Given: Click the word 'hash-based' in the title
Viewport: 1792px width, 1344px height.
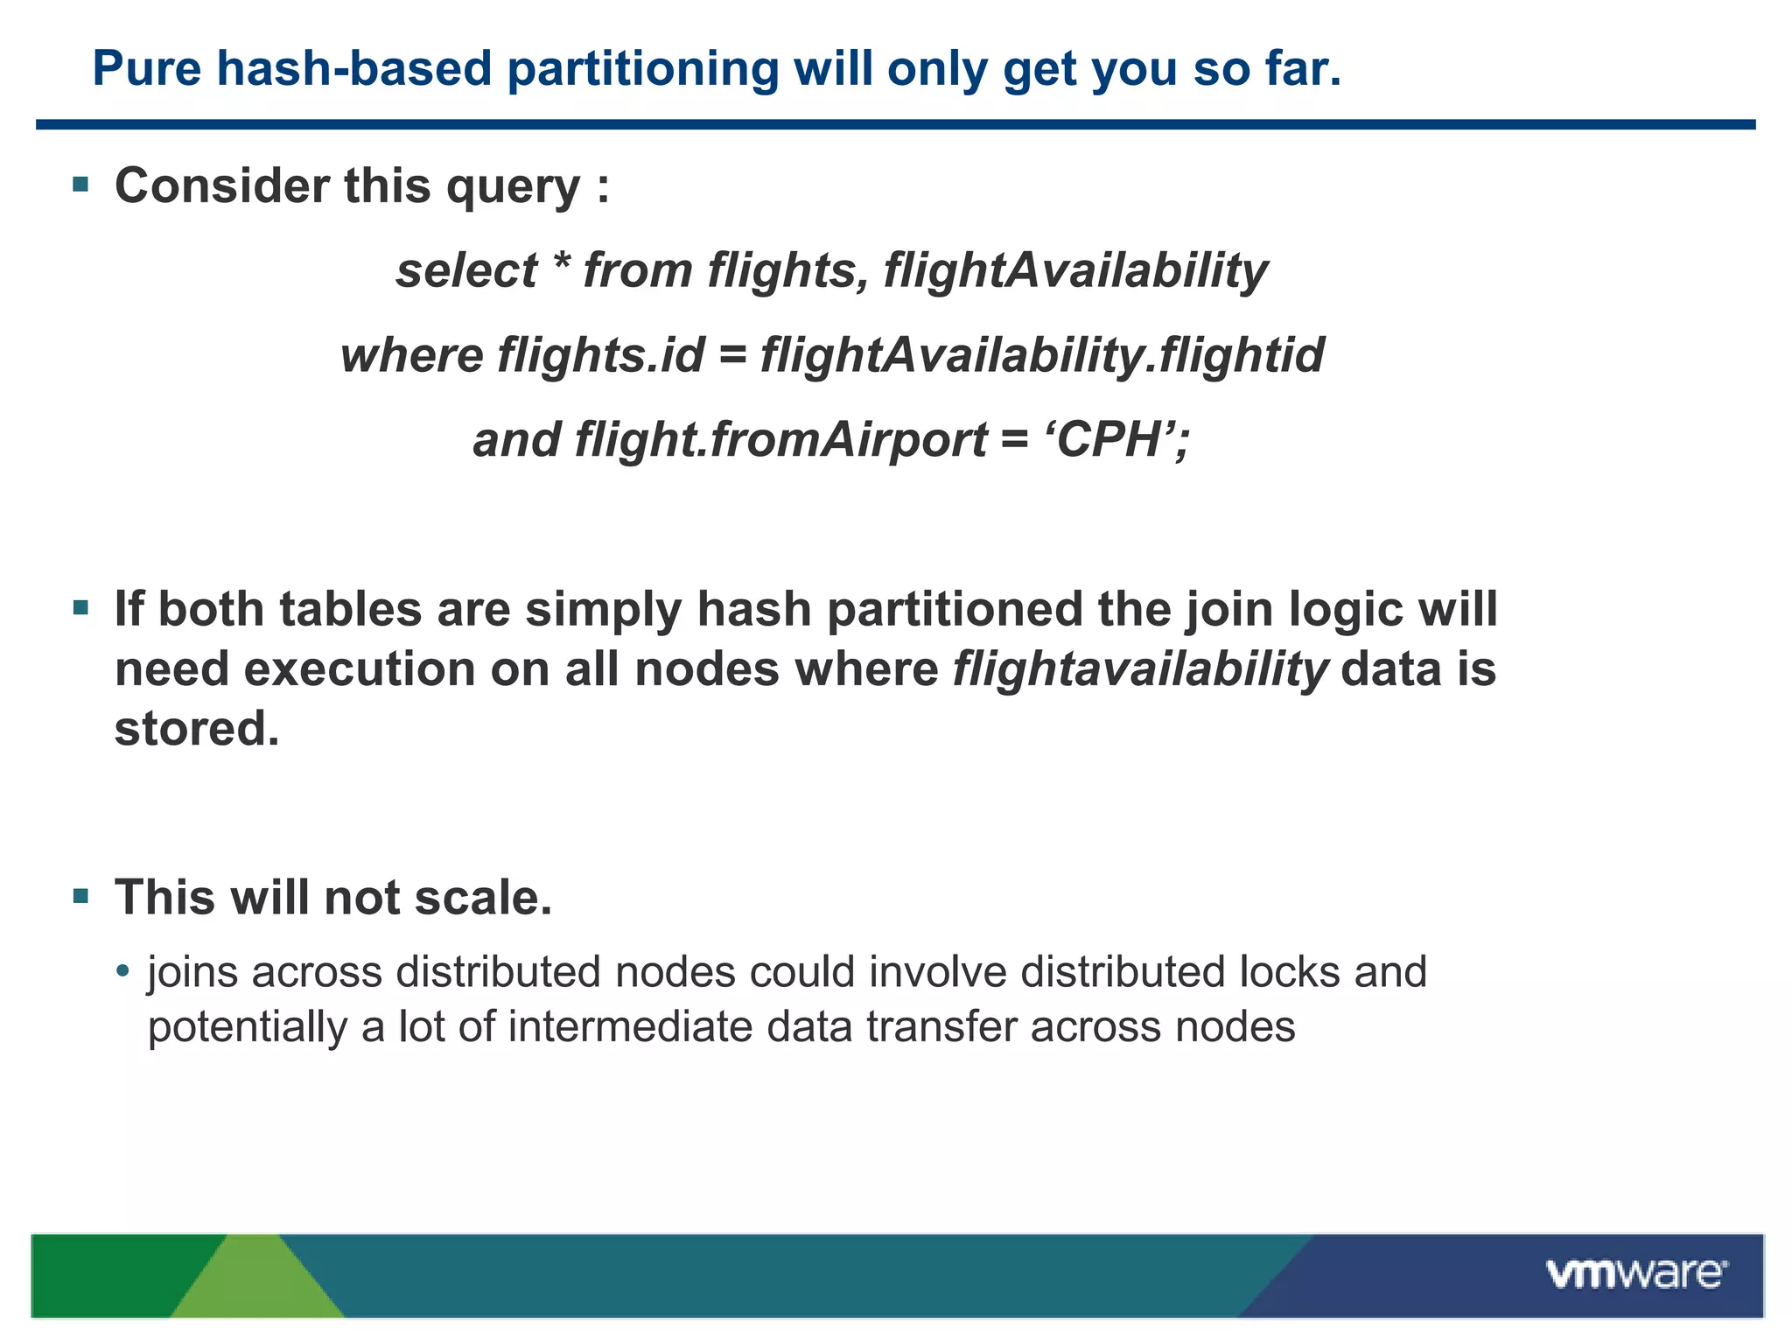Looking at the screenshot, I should tap(354, 68).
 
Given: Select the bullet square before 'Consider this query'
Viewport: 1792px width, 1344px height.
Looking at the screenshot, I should tap(81, 184).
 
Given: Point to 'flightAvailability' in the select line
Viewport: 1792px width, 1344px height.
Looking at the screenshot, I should tap(1075, 269).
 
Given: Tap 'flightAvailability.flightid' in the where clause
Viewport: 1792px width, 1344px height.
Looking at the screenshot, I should tap(1042, 355).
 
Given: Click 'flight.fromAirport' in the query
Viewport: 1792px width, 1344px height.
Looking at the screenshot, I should tap(781, 439).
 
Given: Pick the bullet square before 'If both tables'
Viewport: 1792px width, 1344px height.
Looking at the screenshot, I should tap(81, 607).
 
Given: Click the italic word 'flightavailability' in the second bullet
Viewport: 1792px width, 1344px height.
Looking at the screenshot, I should tap(1140, 669).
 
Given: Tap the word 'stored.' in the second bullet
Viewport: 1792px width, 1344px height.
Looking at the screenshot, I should tap(197, 728).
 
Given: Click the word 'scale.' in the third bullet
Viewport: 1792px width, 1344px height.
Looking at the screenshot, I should tap(483, 898).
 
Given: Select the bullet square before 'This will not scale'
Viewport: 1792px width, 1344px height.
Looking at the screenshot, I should tap(81, 895).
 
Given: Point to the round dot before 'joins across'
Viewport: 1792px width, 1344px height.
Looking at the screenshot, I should tap(122, 971).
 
